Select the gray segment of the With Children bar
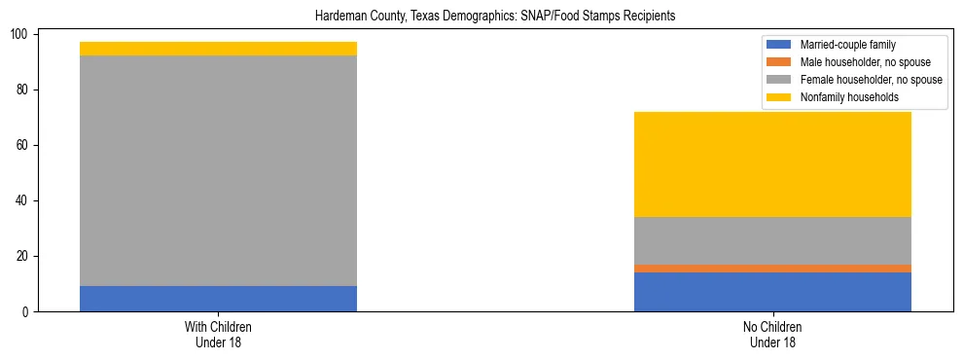[x=218, y=170]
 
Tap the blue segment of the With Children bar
[x=218, y=299]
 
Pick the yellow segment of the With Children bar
[x=218, y=49]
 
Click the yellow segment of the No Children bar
[x=772, y=164]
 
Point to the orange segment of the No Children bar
[x=772, y=269]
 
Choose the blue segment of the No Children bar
[x=772, y=292]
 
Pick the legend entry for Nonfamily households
[x=846, y=97]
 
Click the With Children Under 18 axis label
[x=218, y=334]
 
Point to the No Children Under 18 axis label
[x=772, y=334]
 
